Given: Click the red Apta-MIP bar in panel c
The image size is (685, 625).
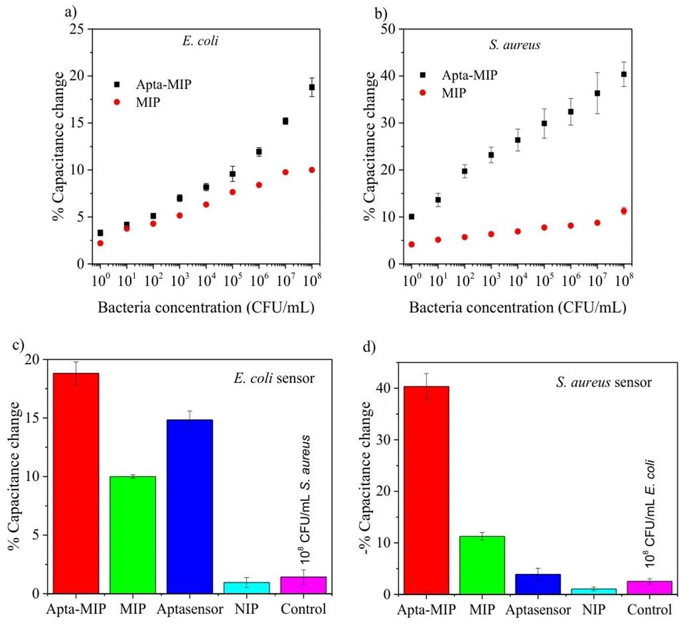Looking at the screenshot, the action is coord(76,483).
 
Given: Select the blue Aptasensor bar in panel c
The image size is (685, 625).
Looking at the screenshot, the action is coord(190,507).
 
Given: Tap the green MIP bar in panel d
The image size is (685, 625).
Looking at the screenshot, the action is coord(482,565).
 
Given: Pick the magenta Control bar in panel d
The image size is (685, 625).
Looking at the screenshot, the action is coord(649,588).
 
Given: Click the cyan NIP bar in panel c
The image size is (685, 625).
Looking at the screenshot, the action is coord(247,588).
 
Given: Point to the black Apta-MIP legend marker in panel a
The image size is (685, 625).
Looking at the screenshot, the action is coord(117,84).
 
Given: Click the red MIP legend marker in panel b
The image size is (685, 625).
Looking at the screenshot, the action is coord(423,93).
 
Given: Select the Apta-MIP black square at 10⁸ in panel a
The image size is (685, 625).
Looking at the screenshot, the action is coord(312,87).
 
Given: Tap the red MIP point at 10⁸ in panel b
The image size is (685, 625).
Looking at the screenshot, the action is coord(624,211).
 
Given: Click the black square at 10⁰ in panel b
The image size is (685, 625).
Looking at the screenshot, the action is coord(412,216).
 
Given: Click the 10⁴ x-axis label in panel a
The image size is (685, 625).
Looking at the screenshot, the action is coord(206,280).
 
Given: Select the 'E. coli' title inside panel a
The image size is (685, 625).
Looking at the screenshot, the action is coord(200,41).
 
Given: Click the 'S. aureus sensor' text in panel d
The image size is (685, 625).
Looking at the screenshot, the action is coord(604,382).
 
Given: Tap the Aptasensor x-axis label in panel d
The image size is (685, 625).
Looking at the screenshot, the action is coord(538,610).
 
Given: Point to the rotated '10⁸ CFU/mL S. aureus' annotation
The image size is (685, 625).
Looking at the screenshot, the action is coord(305,499).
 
